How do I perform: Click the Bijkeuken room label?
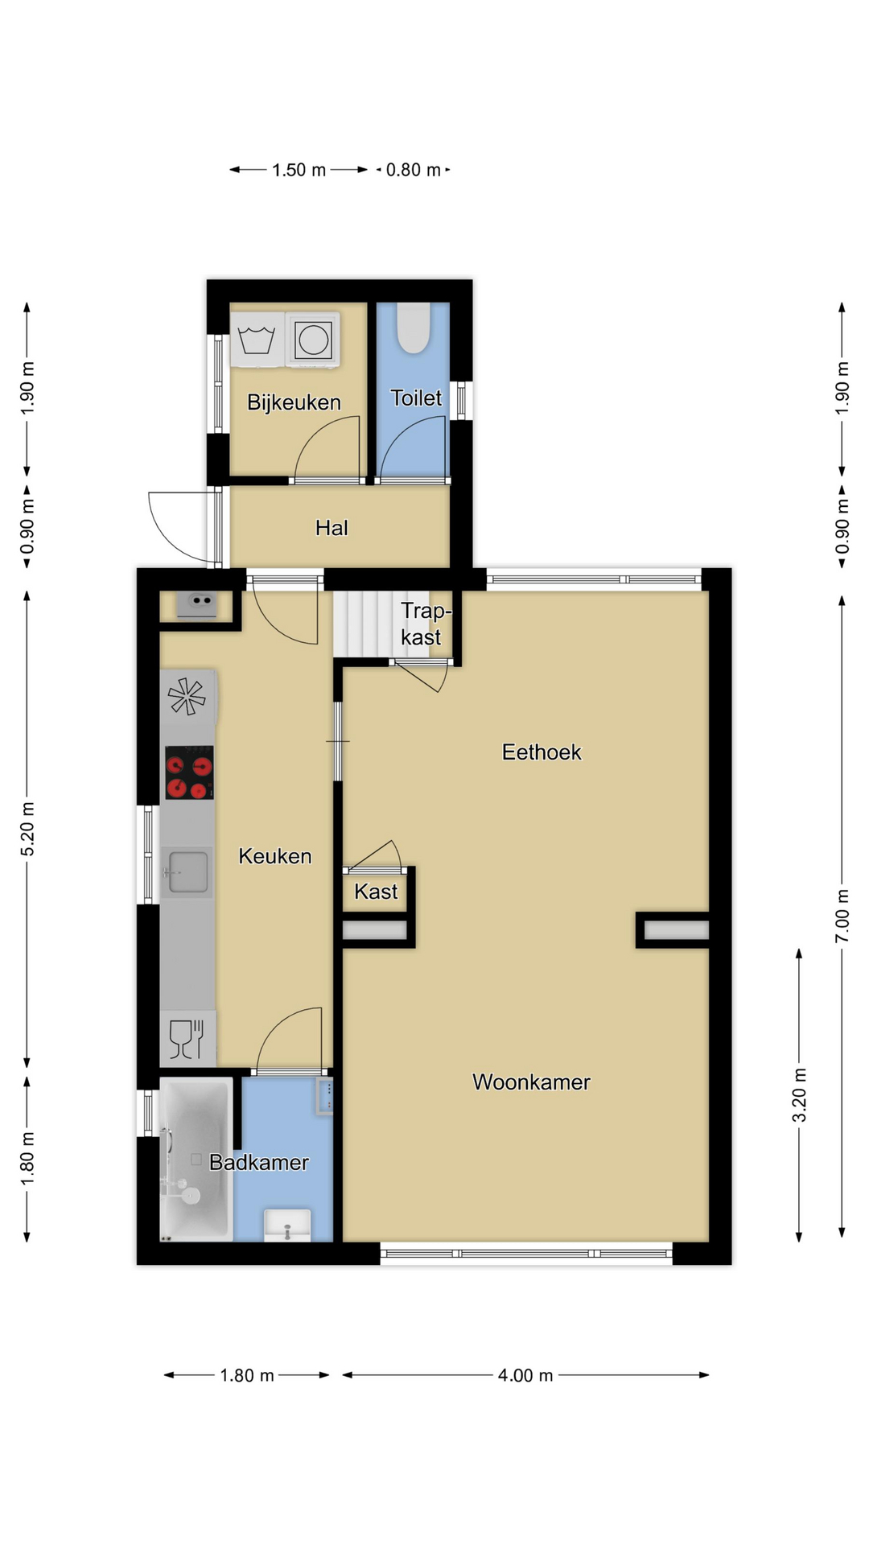[x=294, y=402]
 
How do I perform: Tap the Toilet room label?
[x=416, y=398]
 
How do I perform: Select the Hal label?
[x=332, y=528]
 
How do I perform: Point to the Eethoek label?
[x=542, y=752]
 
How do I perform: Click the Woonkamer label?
[x=531, y=1082]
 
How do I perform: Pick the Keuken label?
[x=274, y=856]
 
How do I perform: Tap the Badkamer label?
[x=258, y=1162]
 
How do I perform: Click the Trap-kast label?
[x=425, y=624]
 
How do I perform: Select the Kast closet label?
[x=376, y=892]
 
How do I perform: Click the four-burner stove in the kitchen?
[x=190, y=773]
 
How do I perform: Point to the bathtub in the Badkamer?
[x=196, y=1159]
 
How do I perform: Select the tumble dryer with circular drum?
[x=313, y=340]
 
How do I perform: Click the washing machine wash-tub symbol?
[x=257, y=340]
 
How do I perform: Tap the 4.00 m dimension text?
[x=525, y=1375]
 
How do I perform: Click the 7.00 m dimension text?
[x=842, y=916]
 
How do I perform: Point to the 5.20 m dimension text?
[x=27, y=829]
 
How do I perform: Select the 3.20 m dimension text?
[x=799, y=1095]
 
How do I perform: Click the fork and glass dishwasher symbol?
[x=187, y=1038]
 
